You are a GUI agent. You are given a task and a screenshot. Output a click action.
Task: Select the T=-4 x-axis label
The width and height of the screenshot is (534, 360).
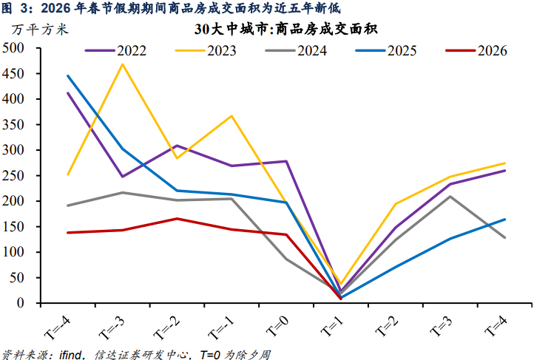[59, 324]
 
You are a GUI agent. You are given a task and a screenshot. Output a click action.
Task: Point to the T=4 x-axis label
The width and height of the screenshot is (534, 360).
[493, 322]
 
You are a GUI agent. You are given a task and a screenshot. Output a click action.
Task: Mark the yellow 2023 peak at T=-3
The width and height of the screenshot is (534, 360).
[122, 64]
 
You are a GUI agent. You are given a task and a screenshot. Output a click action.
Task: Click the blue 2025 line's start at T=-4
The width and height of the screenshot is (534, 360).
[67, 75]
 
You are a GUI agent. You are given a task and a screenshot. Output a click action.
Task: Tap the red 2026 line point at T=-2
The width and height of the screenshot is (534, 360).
[177, 218]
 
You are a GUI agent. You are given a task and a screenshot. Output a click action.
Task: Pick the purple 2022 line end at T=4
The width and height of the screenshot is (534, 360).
[504, 171]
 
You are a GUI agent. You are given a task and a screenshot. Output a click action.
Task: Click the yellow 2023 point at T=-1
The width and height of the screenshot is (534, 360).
[231, 116]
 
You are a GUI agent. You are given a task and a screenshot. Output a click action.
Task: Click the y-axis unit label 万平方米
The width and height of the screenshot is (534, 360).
[38, 30]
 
